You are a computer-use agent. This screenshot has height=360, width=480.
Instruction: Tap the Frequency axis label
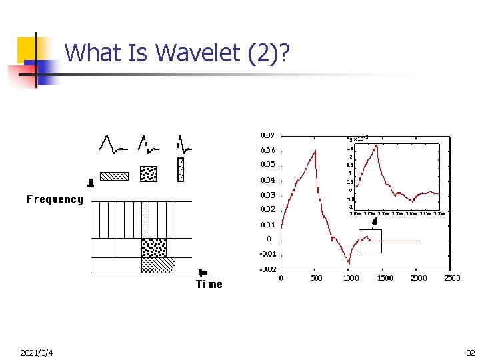coord(55,199)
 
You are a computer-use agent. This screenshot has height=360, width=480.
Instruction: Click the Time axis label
coord(209,285)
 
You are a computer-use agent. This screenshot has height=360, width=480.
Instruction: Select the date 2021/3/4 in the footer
coord(37,352)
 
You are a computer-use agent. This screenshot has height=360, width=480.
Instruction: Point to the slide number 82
coord(469,352)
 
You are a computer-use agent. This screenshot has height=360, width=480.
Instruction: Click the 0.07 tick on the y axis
coord(267,136)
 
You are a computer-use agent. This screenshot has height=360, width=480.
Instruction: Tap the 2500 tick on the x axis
coord(452,278)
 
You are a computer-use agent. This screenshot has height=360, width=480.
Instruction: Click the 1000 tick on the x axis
coord(351,278)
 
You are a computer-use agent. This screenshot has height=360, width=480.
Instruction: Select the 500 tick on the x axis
coord(316,278)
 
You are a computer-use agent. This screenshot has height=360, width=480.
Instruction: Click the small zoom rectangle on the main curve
coord(370,241)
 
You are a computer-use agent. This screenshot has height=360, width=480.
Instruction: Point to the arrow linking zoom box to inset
coord(375,223)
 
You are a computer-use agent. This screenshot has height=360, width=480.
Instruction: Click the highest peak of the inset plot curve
coord(377,144)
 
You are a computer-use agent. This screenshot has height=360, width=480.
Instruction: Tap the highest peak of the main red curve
coord(315,151)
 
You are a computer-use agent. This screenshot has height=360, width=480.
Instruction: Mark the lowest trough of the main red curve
coord(349,263)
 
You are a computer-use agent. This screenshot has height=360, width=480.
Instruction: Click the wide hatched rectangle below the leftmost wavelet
coord(114,176)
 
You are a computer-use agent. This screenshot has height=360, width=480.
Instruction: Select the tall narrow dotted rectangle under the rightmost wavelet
coord(181,169)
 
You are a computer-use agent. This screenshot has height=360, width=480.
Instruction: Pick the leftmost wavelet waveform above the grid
coord(113,143)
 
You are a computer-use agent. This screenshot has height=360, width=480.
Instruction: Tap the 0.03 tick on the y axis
coord(267,195)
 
